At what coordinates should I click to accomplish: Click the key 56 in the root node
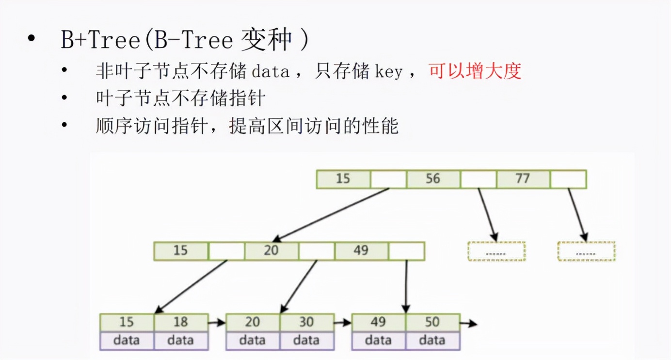433,179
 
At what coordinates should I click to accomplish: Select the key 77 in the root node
523,179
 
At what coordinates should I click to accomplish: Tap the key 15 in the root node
343,179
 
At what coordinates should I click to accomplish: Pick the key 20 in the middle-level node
271,251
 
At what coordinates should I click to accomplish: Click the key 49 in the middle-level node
361,251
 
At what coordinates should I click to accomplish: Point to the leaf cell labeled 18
181,322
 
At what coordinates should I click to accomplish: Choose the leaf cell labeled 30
306,322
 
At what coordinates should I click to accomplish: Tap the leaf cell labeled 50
432,322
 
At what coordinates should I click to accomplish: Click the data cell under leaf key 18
181,341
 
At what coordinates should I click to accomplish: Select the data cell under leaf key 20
253,341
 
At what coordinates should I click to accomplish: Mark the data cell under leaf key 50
432,341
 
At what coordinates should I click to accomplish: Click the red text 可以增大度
475,71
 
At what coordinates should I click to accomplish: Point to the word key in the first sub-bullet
389,72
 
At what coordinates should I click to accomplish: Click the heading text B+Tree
100,40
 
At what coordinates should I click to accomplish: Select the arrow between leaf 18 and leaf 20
217,322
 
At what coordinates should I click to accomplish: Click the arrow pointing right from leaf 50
468,323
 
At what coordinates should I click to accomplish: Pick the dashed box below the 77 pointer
586,251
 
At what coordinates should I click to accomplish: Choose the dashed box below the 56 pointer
496,251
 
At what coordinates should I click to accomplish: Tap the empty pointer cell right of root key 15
388,179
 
